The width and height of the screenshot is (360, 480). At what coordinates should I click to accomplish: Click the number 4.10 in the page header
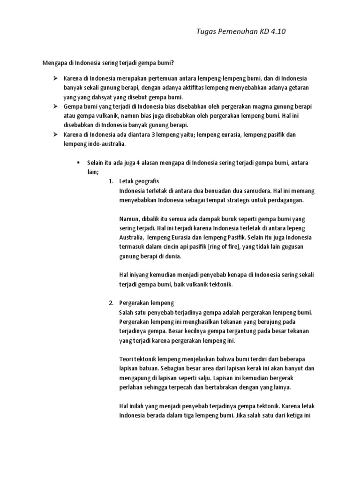(277, 32)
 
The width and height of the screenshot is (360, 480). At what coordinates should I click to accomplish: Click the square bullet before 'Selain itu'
(78, 162)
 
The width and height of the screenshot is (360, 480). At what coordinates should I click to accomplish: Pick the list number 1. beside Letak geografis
(111, 181)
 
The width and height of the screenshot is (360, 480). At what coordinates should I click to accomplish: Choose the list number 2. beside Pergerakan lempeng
(111, 303)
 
